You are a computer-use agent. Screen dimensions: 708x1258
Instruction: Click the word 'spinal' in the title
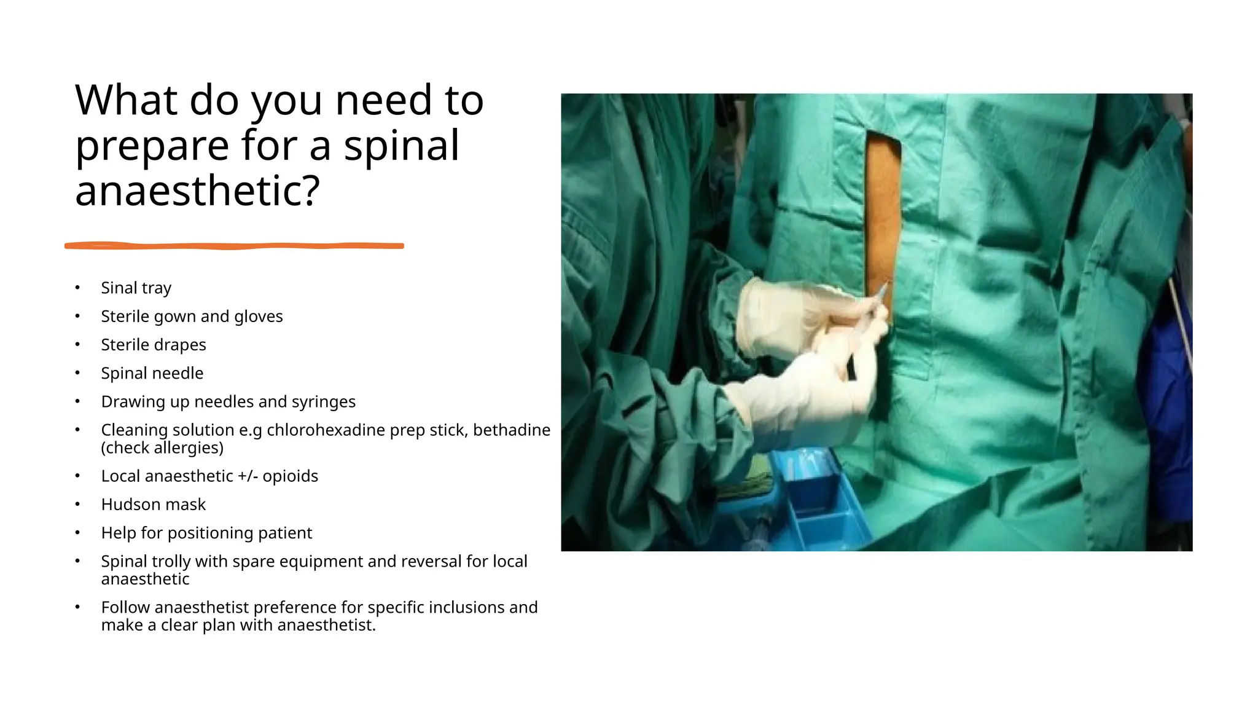pyautogui.click(x=401, y=146)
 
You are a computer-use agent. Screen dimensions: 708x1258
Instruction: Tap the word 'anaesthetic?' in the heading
pyautogui.click(x=197, y=191)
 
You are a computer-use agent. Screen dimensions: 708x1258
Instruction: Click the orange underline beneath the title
pyautogui.click(x=234, y=246)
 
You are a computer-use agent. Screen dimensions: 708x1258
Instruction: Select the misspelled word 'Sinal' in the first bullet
pyautogui.click(x=119, y=288)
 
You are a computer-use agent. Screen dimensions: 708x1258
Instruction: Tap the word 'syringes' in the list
pyautogui.click(x=323, y=401)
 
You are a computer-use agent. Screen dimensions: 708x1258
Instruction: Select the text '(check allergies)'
pyautogui.click(x=162, y=447)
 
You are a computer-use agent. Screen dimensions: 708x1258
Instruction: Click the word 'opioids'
pyautogui.click(x=290, y=476)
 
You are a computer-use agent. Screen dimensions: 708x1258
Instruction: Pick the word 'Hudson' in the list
pyautogui.click(x=126, y=504)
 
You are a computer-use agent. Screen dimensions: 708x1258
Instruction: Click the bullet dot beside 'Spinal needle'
pyautogui.click(x=77, y=372)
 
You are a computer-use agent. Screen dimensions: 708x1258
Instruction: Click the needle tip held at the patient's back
pyautogui.click(x=885, y=285)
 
